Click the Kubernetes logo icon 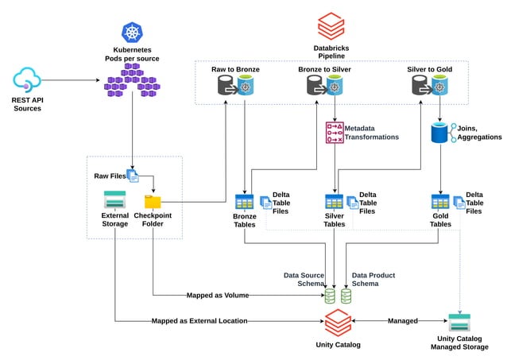pyautogui.click(x=131, y=32)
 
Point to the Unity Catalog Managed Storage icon pyautogui.click(x=459, y=322)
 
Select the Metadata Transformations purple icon pyautogui.click(x=335, y=133)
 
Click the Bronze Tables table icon pyautogui.click(x=244, y=201)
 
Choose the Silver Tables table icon pyautogui.click(x=335, y=201)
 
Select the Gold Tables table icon pyautogui.click(x=440, y=201)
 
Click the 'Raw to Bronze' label pyautogui.click(x=235, y=69)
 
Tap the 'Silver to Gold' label pyautogui.click(x=429, y=69)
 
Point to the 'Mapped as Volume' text pyautogui.click(x=217, y=295)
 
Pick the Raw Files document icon pyautogui.click(x=133, y=176)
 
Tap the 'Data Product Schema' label pyautogui.click(x=373, y=279)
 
